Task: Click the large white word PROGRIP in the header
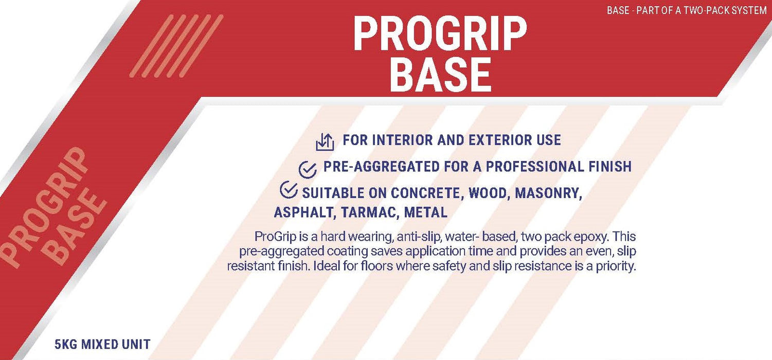click(440, 34)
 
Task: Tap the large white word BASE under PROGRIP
click(440, 75)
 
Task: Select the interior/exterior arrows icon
click(325, 142)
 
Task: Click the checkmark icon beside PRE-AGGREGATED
click(308, 169)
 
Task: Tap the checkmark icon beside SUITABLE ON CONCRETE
click(289, 190)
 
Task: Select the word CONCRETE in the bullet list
click(425, 193)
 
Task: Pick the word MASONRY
click(548, 193)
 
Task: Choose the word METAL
click(426, 212)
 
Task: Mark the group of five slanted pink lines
click(176, 46)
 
